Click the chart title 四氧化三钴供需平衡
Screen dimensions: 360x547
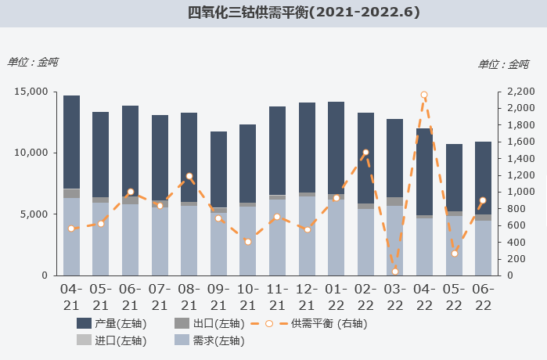click(x=304, y=13)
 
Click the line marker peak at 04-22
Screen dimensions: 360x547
click(x=424, y=95)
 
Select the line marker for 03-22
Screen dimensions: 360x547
click(x=395, y=272)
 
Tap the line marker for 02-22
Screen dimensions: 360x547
click(x=365, y=153)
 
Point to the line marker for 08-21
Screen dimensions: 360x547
click(x=189, y=176)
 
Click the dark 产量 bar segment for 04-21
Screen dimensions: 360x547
click(x=71, y=142)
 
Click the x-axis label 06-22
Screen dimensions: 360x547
click(x=484, y=297)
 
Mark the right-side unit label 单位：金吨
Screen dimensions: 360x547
click(x=503, y=64)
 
